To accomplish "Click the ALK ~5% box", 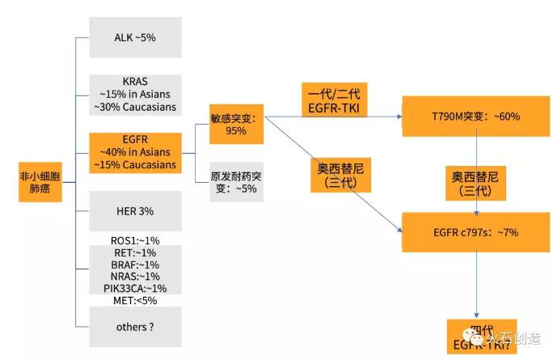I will pyautogui.click(x=135, y=36).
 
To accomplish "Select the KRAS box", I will pyautogui.click(x=135, y=95).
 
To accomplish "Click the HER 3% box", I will pyautogui.click(x=135, y=211).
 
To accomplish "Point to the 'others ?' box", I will pyautogui.click(x=135, y=327).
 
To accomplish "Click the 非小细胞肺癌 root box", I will pyautogui.click(x=40, y=180).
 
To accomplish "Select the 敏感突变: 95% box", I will pyautogui.click(x=237, y=124).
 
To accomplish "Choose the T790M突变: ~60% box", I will pyautogui.click(x=475, y=116).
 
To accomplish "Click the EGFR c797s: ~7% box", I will pyautogui.click(x=475, y=232).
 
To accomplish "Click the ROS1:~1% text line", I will pyautogui.click(x=135, y=241).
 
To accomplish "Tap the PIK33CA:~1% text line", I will pyautogui.click(x=135, y=289).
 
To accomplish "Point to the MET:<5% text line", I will pyautogui.click(x=135, y=300).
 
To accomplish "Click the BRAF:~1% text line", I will pyautogui.click(x=135, y=265).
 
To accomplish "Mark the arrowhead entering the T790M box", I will pyautogui.click(x=399, y=116).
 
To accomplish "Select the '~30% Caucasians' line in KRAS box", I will pyautogui.click(x=135, y=107).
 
